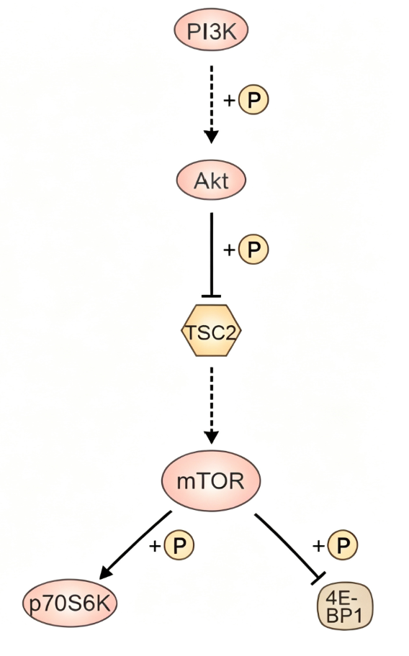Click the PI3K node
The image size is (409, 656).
click(211, 29)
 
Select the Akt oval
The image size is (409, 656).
click(211, 180)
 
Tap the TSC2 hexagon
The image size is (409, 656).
click(212, 330)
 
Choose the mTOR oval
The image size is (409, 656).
click(211, 480)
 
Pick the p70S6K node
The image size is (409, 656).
click(70, 603)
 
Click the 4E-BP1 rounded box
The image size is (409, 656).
click(345, 606)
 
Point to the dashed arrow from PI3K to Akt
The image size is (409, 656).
click(212, 104)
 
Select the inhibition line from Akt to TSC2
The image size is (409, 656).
click(212, 255)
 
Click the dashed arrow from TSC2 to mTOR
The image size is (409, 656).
click(212, 406)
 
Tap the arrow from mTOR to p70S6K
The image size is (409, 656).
click(135, 545)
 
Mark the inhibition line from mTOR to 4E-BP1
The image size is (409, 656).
click(289, 548)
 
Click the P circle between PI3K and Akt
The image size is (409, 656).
click(253, 99)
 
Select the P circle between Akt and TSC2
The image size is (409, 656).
click(253, 250)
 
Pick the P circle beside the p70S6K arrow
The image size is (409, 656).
click(179, 545)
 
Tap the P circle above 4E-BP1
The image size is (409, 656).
click(343, 545)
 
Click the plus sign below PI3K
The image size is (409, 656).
click(229, 101)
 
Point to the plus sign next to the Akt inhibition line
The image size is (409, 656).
click(229, 250)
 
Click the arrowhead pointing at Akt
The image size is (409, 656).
click(212, 137)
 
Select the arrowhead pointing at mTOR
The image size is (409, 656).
click(212, 437)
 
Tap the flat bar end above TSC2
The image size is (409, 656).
click(212, 296)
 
